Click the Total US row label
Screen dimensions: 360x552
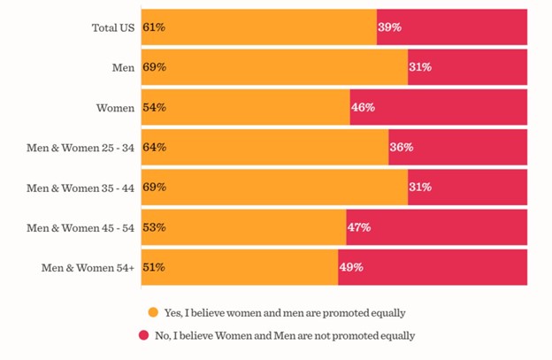[x=112, y=27]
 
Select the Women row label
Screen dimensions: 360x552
[x=115, y=107]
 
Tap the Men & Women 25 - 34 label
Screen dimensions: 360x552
[x=80, y=147]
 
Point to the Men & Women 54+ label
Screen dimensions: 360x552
[x=88, y=267]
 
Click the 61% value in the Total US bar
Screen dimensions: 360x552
[x=154, y=27]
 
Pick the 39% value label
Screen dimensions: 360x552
[x=389, y=27]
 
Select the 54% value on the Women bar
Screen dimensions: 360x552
[x=154, y=107]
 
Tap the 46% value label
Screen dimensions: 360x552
[x=363, y=107]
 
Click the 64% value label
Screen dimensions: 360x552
[x=154, y=147]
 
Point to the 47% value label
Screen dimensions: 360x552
[x=358, y=227]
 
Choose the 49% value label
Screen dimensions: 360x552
[x=351, y=267]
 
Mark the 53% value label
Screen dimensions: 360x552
[x=154, y=227]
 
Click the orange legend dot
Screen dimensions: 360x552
[x=153, y=312]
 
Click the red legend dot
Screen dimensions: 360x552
[x=142, y=335]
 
